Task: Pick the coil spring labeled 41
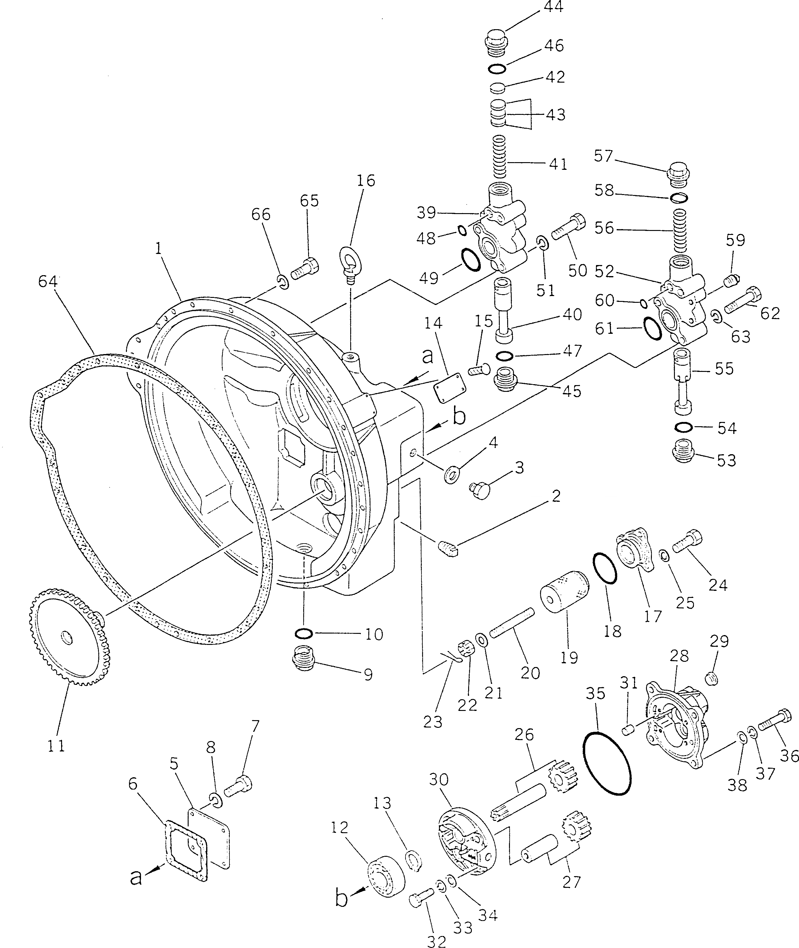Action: coord(498,157)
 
